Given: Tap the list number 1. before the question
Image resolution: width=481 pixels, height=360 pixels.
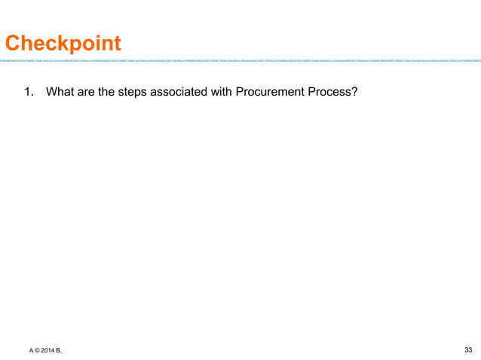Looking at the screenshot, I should (29, 93).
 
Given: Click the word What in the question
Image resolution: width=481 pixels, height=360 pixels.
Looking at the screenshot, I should (61, 93).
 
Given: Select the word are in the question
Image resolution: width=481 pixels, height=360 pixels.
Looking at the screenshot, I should (88, 93).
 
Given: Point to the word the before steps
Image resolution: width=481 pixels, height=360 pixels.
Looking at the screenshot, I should (109, 93).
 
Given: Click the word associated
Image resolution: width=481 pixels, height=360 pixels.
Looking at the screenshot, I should (184, 93).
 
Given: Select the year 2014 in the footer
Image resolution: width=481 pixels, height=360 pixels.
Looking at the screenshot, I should (49, 350).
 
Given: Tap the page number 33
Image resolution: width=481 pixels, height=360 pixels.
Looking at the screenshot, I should (468, 349).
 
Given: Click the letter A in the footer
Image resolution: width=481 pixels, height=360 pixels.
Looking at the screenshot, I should (32, 350).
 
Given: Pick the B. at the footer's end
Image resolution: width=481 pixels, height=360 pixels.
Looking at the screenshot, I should (61, 350).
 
